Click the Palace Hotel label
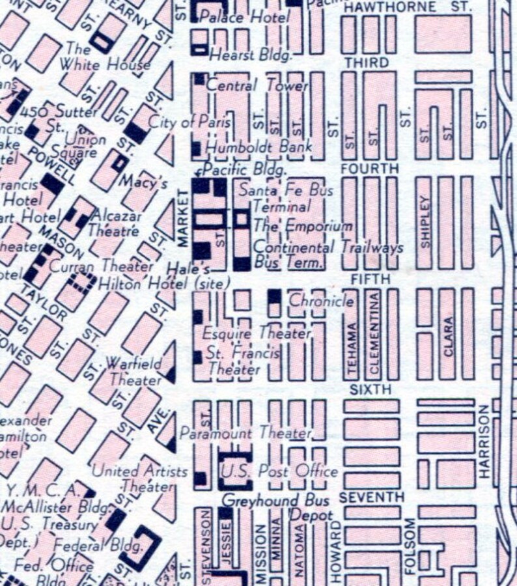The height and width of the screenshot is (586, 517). pos(244,17)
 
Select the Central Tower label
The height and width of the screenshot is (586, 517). pos(257,85)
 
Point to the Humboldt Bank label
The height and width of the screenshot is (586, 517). pos(259,147)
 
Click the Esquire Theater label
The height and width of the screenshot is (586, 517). pos(256,333)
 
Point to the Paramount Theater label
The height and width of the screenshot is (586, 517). pos(245,433)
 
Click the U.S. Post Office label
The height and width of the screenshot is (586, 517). pos(280,471)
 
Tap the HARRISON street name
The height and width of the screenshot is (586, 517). pos(484,441)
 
